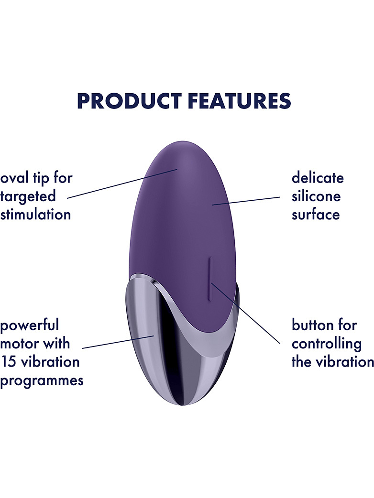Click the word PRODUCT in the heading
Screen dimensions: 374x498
click(130, 101)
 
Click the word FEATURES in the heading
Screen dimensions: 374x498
click(240, 101)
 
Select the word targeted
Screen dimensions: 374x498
click(28, 197)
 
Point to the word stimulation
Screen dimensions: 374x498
click(35, 214)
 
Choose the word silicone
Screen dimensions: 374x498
click(316, 196)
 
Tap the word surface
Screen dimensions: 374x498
click(316, 215)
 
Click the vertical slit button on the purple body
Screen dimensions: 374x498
click(209, 279)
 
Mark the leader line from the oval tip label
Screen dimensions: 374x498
click(122, 184)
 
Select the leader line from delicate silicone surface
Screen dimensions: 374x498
click(246, 201)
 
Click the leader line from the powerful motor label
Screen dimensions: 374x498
click(118, 341)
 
